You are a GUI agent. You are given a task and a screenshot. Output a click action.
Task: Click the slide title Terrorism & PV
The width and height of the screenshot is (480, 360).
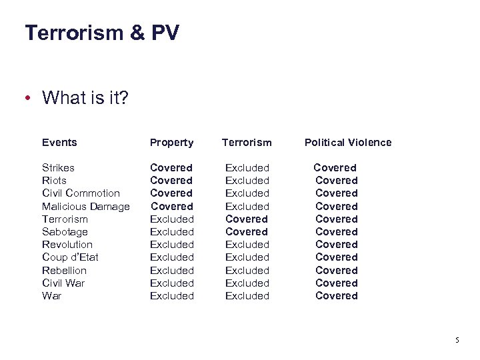point(102,33)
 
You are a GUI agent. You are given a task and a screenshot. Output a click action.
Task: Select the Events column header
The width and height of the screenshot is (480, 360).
point(59,142)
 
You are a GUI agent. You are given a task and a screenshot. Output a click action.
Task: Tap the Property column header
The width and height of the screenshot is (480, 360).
point(171,142)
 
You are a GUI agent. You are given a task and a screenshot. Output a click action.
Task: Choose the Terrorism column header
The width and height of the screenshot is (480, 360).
point(247,142)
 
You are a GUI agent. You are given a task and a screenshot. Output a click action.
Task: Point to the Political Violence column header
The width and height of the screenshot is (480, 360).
point(348,142)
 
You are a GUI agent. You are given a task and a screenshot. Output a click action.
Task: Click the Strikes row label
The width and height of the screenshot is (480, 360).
point(58,167)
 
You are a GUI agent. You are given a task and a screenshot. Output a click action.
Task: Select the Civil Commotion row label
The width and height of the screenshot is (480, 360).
point(81,193)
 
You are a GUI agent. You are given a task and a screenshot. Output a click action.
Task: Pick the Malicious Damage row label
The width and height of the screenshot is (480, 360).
point(85,207)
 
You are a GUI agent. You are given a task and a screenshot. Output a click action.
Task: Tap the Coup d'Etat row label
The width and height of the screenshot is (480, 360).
point(70,257)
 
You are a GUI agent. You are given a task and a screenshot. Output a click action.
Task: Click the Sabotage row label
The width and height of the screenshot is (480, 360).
point(65,232)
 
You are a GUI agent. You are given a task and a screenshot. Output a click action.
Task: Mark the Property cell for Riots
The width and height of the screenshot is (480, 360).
point(171,181)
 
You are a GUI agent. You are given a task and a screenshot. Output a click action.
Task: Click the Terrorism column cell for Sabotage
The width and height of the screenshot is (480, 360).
point(247,232)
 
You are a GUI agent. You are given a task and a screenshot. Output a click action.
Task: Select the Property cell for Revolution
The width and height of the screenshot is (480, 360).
point(171,245)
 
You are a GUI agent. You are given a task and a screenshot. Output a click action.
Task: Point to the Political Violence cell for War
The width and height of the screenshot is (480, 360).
point(336,296)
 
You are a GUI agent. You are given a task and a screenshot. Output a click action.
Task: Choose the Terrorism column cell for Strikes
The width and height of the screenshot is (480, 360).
point(247,167)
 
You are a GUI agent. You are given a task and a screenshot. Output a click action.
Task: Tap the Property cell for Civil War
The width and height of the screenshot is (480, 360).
point(171,283)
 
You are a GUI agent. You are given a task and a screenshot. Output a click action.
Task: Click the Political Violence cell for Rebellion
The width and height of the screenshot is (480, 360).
point(336,271)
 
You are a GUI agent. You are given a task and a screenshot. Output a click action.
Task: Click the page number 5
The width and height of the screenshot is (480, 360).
point(457,340)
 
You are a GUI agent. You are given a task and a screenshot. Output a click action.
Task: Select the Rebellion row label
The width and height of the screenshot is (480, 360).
point(64,271)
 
